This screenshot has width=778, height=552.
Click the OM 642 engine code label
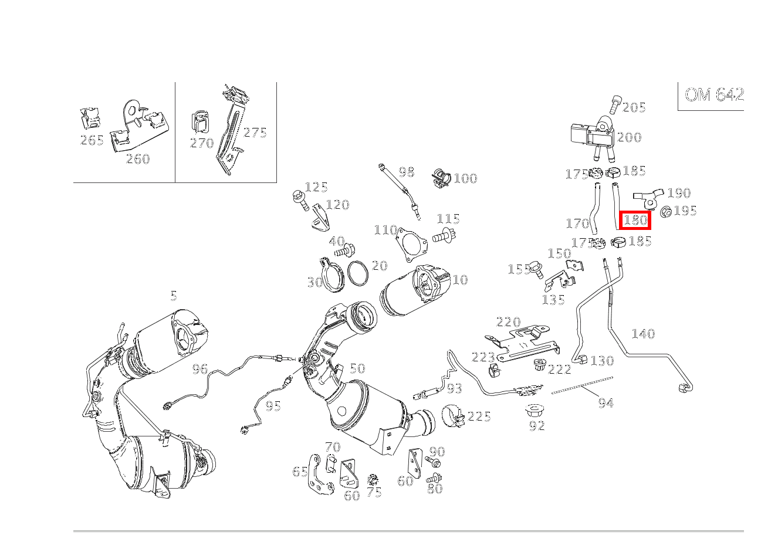714,95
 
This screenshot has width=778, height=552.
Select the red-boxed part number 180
635,220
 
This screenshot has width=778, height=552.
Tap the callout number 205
634,107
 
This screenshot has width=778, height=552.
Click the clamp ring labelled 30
332,275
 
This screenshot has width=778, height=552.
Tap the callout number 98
407,172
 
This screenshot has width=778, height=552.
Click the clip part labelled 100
441,178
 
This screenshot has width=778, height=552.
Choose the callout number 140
643,334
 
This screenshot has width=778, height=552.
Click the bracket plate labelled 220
522,343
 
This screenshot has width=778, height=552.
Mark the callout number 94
606,403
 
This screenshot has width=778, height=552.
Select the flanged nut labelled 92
534,412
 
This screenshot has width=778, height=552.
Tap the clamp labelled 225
454,415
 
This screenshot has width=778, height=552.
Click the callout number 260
137,160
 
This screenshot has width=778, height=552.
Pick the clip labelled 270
200,122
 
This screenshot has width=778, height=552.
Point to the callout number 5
174,296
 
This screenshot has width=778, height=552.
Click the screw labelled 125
300,200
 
